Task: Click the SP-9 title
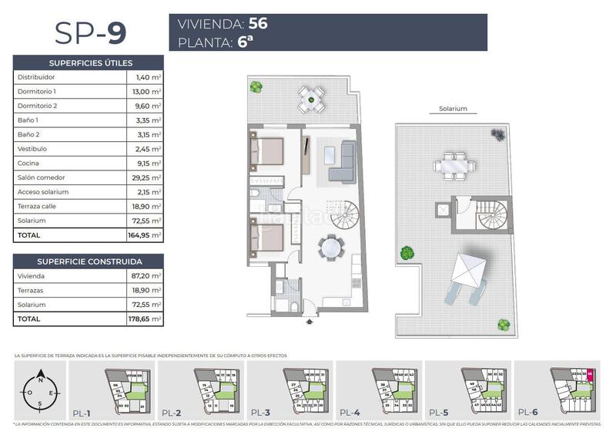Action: click(x=90, y=32)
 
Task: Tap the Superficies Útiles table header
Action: click(x=89, y=62)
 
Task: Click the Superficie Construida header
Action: click(x=89, y=261)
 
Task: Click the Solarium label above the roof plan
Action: click(x=452, y=109)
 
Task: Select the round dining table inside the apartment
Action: click(x=332, y=248)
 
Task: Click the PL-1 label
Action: click(x=83, y=412)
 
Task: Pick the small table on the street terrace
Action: click(x=310, y=96)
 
